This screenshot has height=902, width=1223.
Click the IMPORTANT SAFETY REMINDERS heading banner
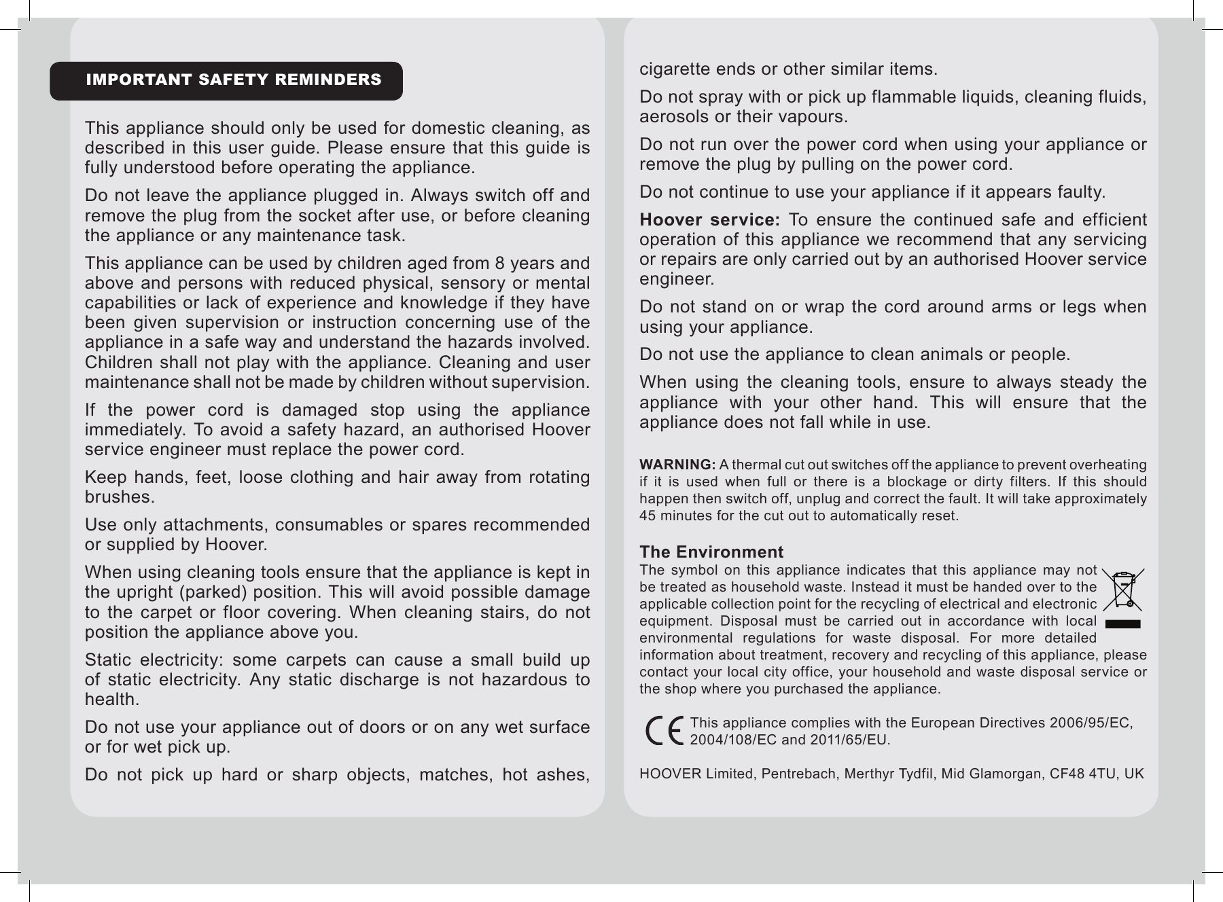(226, 80)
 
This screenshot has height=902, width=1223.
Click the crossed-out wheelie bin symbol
(1122, 590)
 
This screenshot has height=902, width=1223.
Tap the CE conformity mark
(664, 732)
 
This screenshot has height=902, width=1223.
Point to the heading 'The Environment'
(711, 552)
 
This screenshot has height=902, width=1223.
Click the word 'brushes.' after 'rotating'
(120, 497)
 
